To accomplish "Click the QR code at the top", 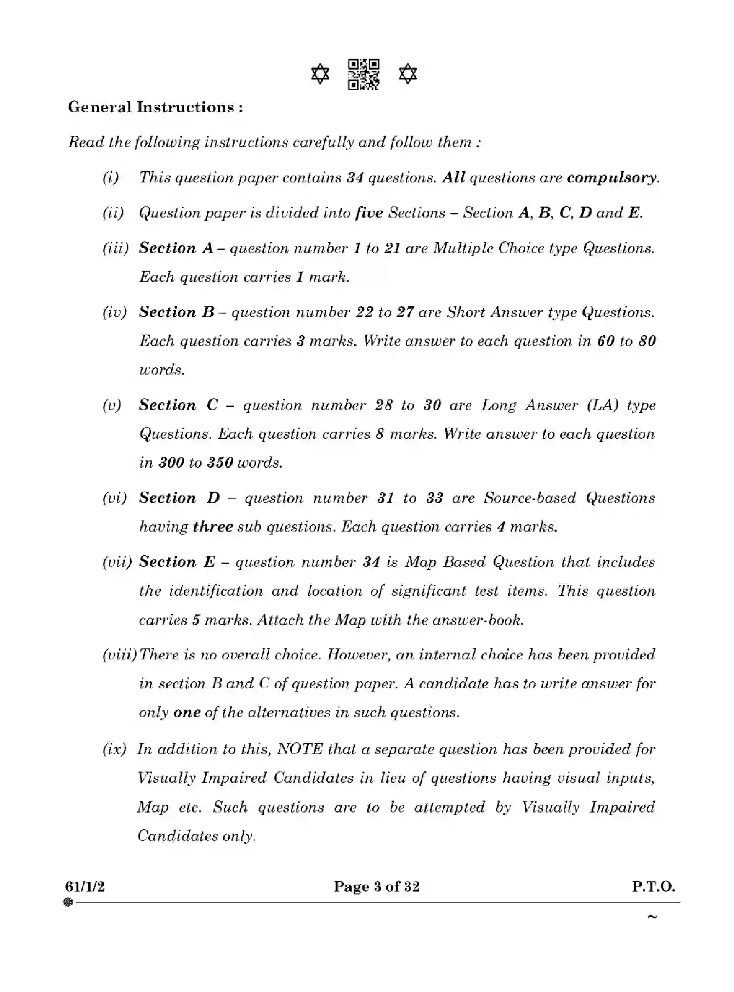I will point(364,75).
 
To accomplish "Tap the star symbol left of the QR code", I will point(320,75).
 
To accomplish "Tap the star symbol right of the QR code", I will point(408,75).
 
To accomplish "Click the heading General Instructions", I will point(156,107).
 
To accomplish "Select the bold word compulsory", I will point(612,178).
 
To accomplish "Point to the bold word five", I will point(369,213).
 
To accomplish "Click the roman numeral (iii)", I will point(116,248).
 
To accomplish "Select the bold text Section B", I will point(177,312).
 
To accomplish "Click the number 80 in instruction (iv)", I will point(647,341).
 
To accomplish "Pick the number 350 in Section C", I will point(219,463).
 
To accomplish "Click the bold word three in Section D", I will point(213,527).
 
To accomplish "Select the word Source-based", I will point(530,498).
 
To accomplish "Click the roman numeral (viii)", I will point(119,655).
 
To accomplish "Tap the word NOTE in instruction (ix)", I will point(299,749).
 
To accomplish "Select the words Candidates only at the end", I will point(196,836).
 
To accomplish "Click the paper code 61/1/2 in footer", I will point(85,886).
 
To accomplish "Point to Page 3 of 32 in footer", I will point(377,886).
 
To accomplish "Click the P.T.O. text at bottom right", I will point(654,886).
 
